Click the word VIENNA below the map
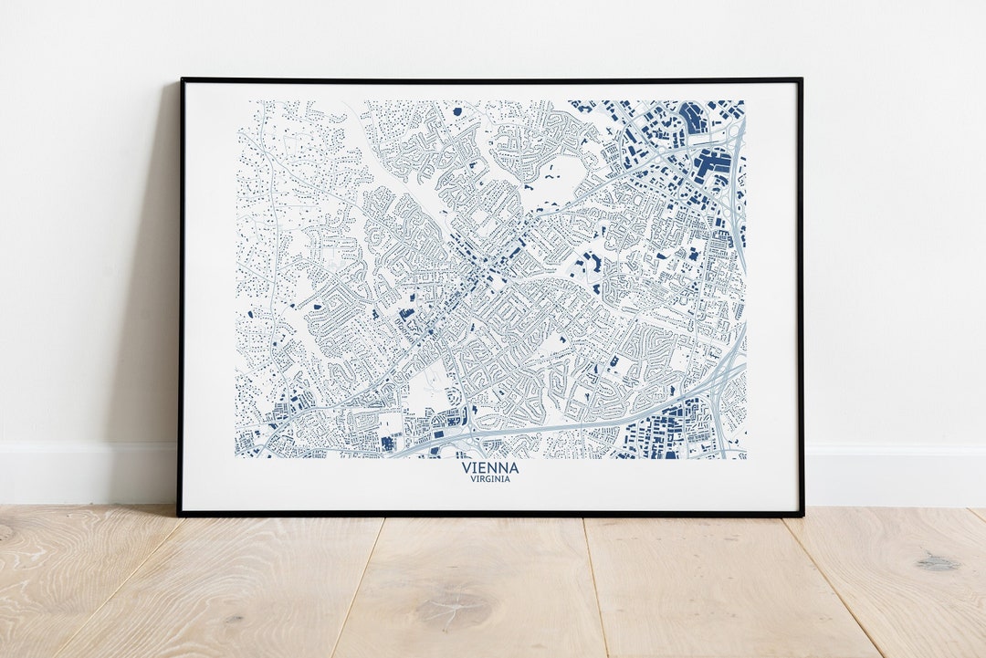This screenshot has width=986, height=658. pos(490,468)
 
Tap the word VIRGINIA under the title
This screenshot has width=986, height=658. pos(490,479)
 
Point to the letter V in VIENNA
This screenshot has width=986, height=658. pos(467,468)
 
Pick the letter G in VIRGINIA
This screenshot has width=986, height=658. pos(490,479)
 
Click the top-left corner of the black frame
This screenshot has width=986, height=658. pos(182,80)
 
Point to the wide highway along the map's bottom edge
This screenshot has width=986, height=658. pos(566,425)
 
